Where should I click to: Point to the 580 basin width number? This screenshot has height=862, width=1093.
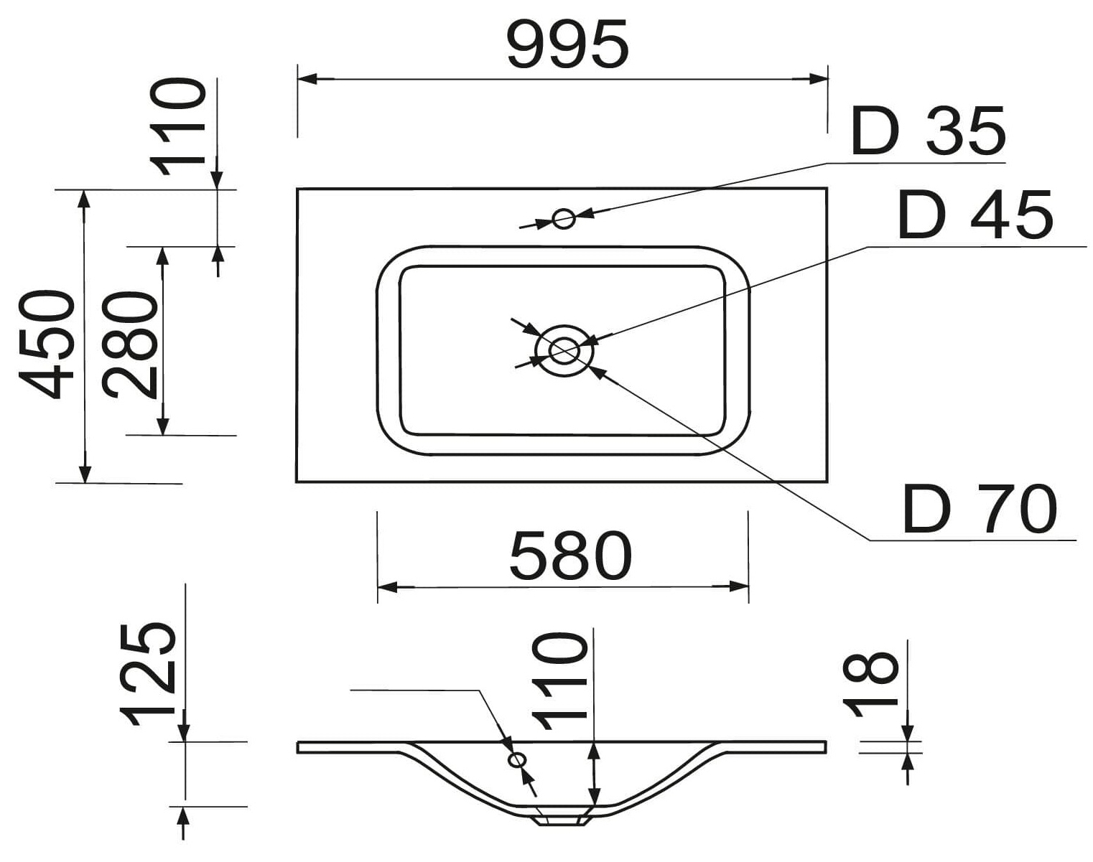click(x=571, y=556)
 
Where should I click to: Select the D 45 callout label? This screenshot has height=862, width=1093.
click(x=975, y=215)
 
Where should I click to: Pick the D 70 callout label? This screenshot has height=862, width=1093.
click(x=980, y=510)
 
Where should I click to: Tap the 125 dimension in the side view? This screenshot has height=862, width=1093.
click(x=148, y=675)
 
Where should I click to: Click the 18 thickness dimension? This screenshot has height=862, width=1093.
click(x=870, y=685)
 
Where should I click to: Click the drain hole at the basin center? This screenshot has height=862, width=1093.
click(x=564, y=350)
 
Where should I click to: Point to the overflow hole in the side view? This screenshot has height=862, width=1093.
click(x=516, y=759)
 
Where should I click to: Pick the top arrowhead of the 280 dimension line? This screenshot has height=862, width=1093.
click(x=163, y=256)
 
